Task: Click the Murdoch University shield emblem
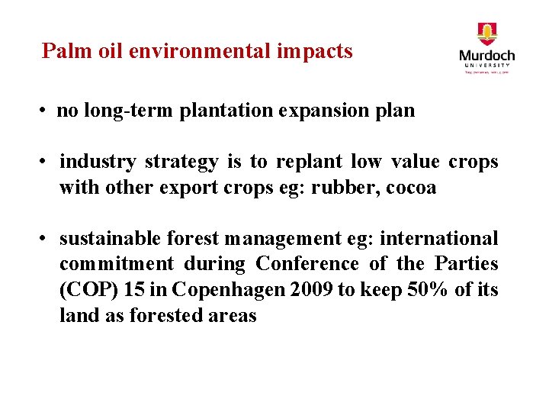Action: pos(486,34)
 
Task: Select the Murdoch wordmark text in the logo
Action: pos(486,56)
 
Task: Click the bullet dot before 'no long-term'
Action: pos(47,111)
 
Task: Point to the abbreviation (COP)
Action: pos(85,290)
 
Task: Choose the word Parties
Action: pos(466,264)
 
